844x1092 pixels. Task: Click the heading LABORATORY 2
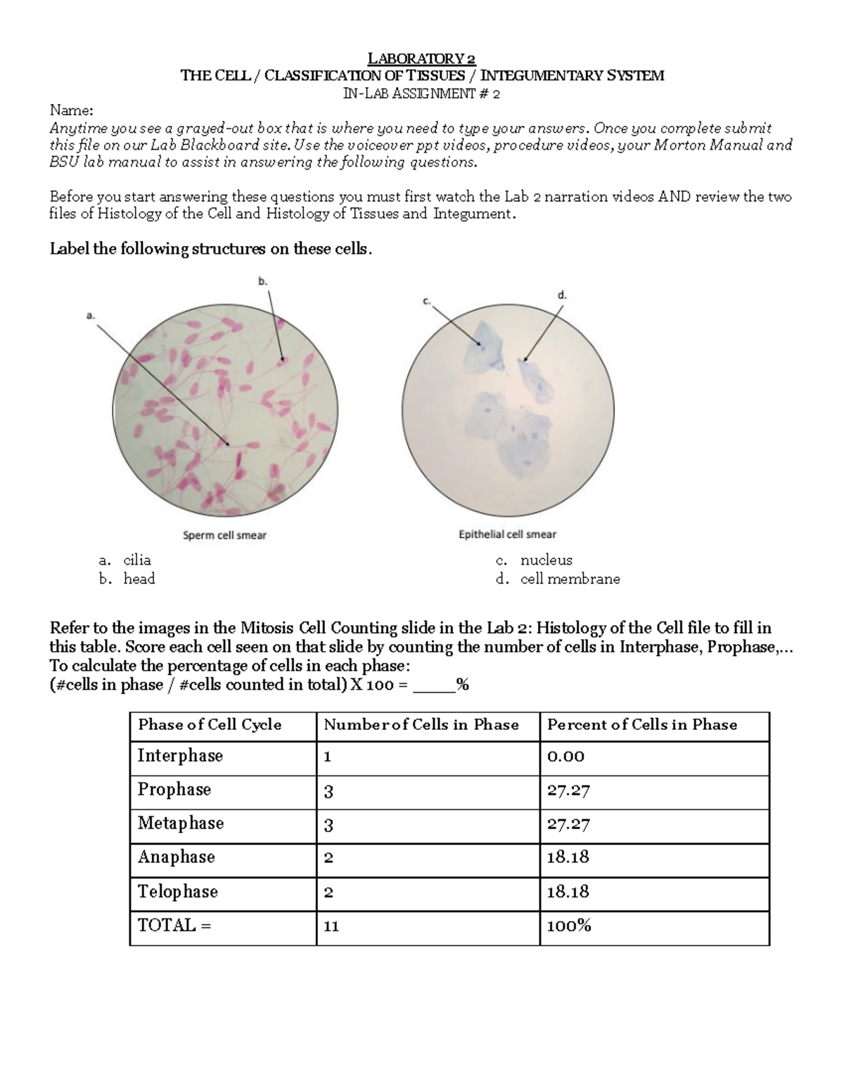tap(422, 58)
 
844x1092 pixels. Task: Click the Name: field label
tap(70, 110)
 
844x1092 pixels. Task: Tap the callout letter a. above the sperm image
tap(90, 316)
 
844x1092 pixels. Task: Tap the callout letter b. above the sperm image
tap(263, 281)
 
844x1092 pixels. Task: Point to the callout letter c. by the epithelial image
tap(426, 301)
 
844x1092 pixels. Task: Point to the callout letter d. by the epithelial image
tap(562, 296)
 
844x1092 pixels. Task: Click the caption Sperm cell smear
tap(224, 535)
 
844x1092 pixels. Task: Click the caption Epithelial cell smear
tap(507, 534)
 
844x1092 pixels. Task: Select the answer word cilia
tap(137, 560)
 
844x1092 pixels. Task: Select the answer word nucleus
tap(546, 560)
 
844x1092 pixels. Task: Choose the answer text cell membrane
tap(570, 579)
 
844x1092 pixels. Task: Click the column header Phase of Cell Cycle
tap(210, 725)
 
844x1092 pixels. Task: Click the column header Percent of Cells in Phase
tap(642, 725)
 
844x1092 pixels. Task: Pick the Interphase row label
tap(180, 756)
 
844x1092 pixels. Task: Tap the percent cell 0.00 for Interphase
tap(565, 757)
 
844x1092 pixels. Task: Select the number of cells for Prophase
tap(328, 791)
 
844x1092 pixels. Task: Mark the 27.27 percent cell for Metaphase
tap(568, 824)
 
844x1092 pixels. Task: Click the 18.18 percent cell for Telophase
tap(568, 892)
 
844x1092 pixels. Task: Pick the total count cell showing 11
tap(331, 926)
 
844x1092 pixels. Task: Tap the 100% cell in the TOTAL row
tap(569, 926)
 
